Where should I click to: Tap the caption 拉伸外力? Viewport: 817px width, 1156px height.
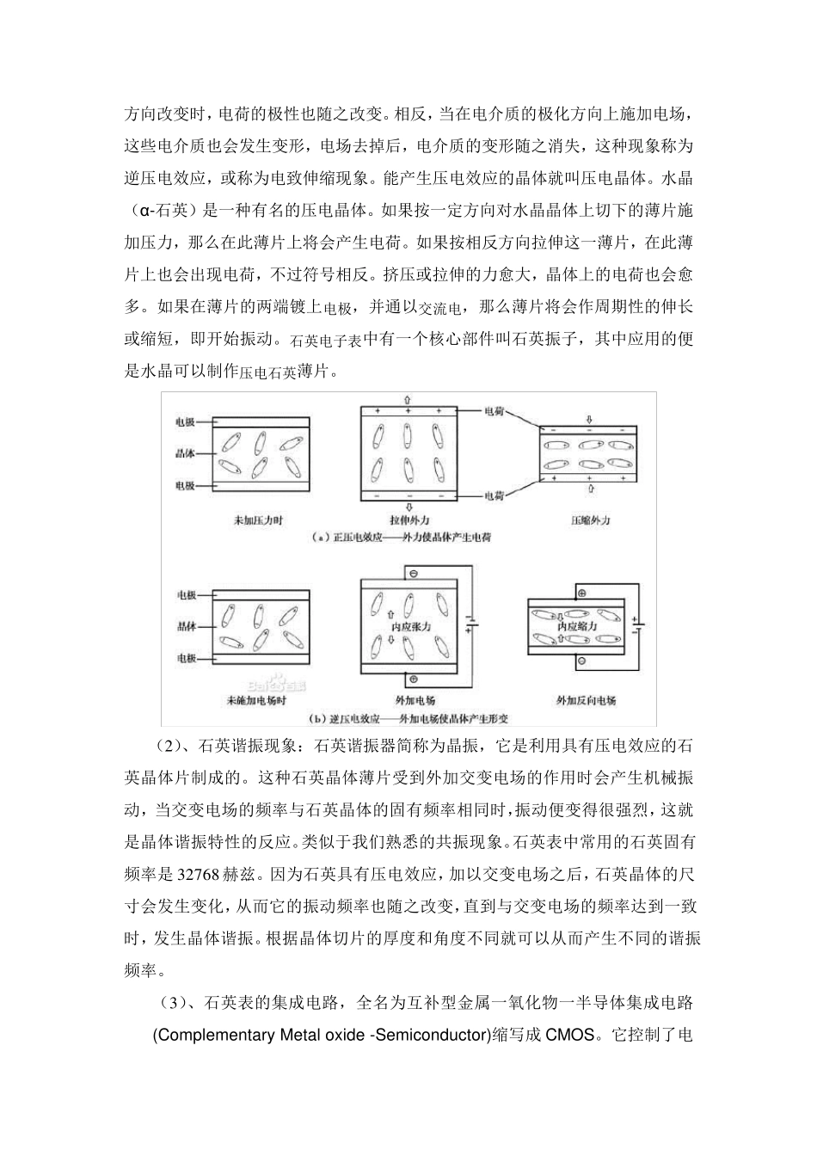pyautogui.click(x=408, y=520)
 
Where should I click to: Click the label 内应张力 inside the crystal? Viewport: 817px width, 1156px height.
pyautogui.click(x=408, y=627)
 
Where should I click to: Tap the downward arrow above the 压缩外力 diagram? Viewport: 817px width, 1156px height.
pyautogui.click(x=590, y=420)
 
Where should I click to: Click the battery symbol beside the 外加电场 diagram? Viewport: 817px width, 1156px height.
pyautogui.click(x=470, y=624)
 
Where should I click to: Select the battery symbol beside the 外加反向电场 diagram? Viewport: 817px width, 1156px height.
pyautogui.click(x=636, y=624)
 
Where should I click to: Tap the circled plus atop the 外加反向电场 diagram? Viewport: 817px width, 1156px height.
pyautogui.click(x=580, y=593)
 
